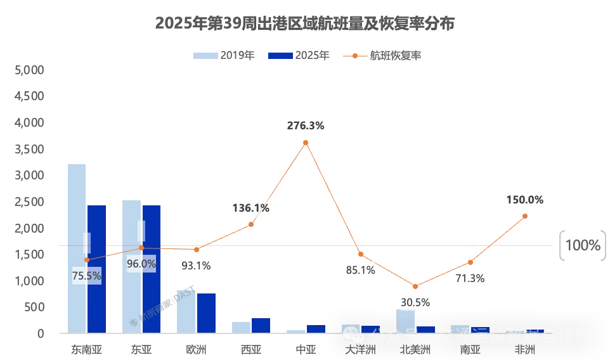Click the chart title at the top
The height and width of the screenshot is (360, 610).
(304, 23)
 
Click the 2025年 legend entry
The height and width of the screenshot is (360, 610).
(299, 56)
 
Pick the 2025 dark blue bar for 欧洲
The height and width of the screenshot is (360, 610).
(206, 313)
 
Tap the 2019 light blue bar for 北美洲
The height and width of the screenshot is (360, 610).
(406, 321)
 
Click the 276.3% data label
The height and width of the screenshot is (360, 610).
(306, 126)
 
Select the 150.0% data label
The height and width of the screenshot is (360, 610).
(524, 200)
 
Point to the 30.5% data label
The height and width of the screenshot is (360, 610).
(415, 302)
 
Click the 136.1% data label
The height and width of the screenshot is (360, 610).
(251, 208)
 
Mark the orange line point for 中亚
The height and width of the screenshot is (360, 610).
(306, 143)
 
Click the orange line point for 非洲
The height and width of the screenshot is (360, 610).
(525, 216)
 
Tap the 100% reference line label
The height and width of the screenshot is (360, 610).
(582, 245)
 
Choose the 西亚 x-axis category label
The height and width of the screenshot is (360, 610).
(251, 349)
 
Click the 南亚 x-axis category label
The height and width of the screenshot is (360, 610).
(470, 349)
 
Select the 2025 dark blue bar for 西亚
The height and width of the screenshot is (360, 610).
(261, 325)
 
